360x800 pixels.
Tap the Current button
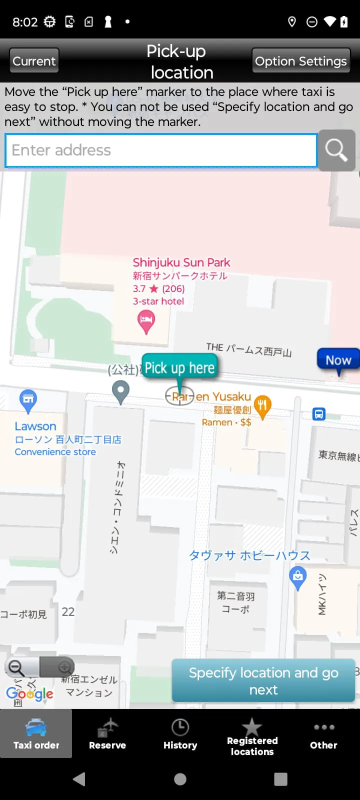[34, 61]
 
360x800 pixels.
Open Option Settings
[300, 61]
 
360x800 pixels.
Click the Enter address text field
[161, 150]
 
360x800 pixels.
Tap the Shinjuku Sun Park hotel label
[181, 263]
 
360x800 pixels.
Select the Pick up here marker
[179, 368]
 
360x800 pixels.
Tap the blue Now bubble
[338, 360]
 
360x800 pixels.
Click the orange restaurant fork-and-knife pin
[262, 405]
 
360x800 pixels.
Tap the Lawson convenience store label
[35, 426]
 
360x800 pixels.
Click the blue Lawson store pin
[28, 400]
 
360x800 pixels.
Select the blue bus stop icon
[319, 414]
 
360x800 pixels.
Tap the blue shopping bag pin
[298, 577]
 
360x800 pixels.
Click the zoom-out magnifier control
[17, 667]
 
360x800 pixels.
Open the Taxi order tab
[36, 733]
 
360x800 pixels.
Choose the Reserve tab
[107, 733]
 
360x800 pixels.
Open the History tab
[180, 733]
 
